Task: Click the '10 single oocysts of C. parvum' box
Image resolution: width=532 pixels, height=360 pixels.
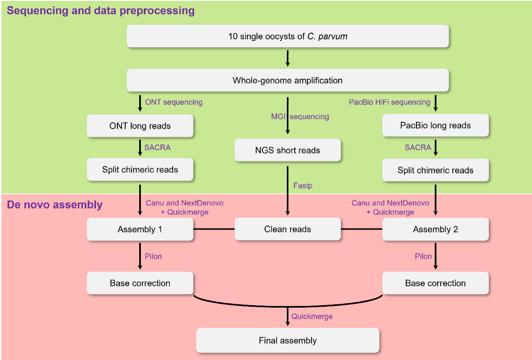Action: [288, 36]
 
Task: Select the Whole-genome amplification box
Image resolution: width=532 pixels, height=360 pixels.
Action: [288, 80]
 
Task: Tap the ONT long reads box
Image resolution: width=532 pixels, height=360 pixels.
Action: [140, 126]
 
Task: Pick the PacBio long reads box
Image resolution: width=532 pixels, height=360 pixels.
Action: [436, 125]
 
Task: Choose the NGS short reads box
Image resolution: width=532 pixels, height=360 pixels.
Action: [288, 150]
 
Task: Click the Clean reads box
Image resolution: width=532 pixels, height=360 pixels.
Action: [288, 229]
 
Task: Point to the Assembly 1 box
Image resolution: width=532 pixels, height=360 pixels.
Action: [140, 229]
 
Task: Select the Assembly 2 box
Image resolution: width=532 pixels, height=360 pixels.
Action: [436, 229]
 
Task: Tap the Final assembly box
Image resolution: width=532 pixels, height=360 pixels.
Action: [288, 340]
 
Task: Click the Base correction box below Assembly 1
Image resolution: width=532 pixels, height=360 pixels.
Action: [140, 283]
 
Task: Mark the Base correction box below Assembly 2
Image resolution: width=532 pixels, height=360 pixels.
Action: [436, 283]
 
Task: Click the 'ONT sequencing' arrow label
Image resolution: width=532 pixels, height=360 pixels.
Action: [174, 102]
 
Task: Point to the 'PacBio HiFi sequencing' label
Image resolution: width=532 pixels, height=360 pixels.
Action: [389, 102]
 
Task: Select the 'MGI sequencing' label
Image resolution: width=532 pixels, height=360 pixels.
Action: [300, 117]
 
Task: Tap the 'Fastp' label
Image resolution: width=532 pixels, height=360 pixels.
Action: [303, 185]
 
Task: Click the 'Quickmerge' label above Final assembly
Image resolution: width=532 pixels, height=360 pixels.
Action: [312, 316]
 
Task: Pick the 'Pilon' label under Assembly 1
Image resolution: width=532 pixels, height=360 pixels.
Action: [153, 256]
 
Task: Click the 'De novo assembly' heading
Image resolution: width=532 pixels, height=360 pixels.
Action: [54, 205]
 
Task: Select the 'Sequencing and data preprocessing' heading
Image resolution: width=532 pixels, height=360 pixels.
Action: [101, 10]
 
